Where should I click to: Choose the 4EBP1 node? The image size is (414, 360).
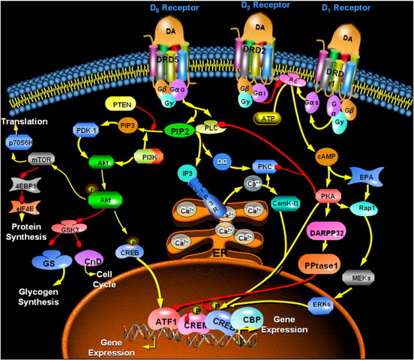click(24, 182)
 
